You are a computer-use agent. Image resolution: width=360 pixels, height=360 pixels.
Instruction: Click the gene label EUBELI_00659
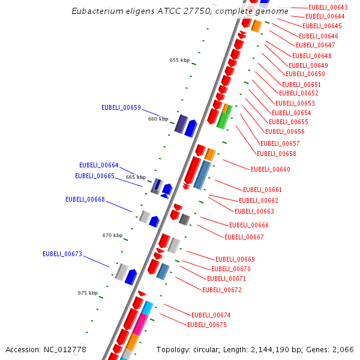[x=121, y=108]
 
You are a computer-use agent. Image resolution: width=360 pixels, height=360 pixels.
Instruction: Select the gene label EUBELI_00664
[x=98, y=165]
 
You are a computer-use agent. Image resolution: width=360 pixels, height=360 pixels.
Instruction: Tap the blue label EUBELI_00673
[x=62, y=254]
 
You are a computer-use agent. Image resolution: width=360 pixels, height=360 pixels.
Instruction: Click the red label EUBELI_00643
[x=328, y=7]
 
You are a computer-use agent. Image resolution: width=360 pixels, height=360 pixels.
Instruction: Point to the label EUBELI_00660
[x=270, y=169]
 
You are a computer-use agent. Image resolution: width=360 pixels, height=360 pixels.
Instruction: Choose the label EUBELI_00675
[x=206, y=325]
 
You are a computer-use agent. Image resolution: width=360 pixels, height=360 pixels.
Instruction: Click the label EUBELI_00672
[x=221, y=290]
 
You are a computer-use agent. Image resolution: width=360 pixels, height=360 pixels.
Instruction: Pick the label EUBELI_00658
[x=276, y=154]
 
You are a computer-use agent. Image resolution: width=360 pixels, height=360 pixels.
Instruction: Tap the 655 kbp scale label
[x=179, y=60]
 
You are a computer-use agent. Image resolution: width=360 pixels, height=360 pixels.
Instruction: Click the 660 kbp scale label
[x=158, y=119]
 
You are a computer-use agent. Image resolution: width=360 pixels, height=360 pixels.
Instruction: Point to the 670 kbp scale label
[x=112, y=235]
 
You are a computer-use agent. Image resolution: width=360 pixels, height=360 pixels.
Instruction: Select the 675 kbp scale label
[x=88, y=293]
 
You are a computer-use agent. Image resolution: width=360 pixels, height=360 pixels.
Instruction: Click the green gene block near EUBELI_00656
[x=223, y=117]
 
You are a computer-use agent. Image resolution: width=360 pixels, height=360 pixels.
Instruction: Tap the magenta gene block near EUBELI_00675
[x=140, y=324]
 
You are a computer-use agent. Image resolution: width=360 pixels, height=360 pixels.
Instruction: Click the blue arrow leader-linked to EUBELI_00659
[x=191, y=128]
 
